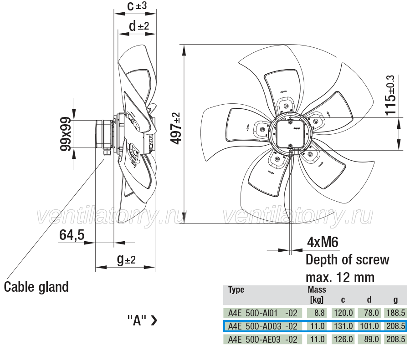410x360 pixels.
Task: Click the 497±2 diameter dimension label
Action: (175, 128)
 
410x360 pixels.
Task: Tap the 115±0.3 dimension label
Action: (390, 95)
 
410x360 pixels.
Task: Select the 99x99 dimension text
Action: (65, 134)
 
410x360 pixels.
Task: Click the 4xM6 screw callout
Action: (323, 242)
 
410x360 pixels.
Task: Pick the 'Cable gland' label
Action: (36, 287)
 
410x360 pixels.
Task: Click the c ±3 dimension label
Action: (137, 6)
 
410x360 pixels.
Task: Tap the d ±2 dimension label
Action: (139, 26)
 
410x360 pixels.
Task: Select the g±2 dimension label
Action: (126, 260)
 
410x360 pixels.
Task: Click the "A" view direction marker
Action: (143, 320)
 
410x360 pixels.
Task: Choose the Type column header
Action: (236, 290)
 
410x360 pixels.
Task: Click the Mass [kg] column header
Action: (317, 294)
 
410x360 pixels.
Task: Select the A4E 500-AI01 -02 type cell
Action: (263, 313)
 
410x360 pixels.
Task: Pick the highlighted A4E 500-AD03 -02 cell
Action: (263, 326)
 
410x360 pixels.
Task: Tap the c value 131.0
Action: (343, 326)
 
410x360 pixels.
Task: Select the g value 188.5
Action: (395, 313)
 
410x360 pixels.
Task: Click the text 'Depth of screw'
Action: (347, 260)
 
